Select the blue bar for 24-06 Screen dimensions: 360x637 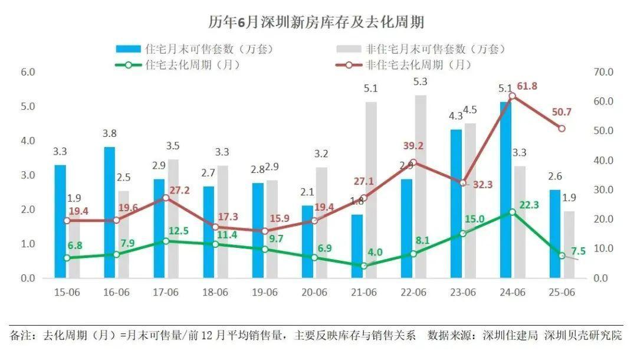(505, 189)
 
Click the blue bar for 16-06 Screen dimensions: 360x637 (110, 212)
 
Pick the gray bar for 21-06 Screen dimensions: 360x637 (371, 189)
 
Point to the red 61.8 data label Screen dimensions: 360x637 (527, 86)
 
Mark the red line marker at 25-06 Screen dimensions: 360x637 (562, 128)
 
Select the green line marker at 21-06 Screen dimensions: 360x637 (364, 266)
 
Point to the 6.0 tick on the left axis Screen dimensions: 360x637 (28, 72)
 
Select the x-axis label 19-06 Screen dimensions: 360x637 (264, 292)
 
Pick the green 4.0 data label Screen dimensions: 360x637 (375, 253)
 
